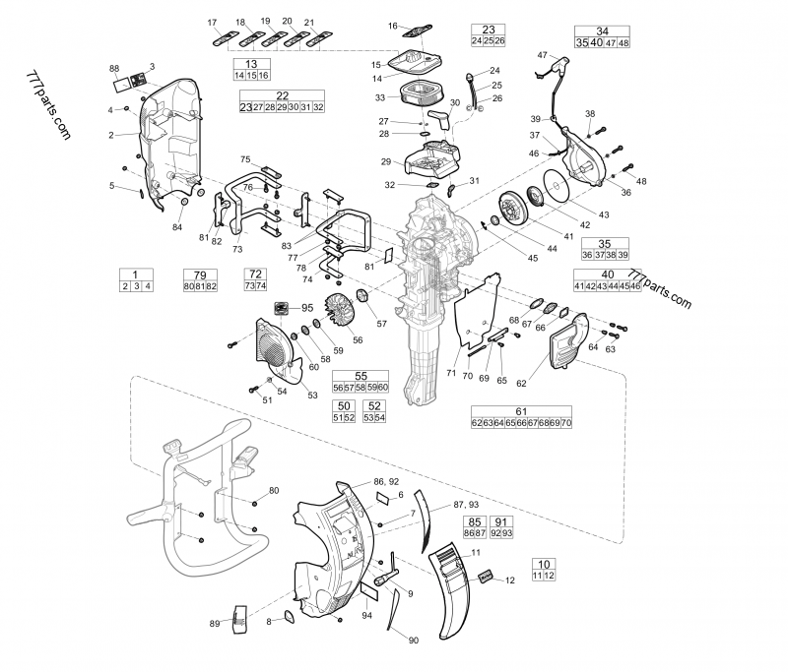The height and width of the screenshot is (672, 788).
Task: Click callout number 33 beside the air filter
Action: click(x=380, y=97)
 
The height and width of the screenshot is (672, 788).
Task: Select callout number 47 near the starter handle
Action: click(x=542, y=55)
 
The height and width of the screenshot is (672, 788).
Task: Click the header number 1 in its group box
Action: click(x=136, y=274)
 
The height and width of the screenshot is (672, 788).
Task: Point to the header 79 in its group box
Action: click(x=200, y=274)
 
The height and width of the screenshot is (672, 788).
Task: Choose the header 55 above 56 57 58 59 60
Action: click(x=361, y=376)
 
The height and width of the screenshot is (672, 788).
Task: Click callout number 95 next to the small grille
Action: click(x=307, y=308)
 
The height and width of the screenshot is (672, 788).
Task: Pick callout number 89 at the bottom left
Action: click(x=216, y=624)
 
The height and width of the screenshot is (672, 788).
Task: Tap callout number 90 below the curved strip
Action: click(x=414, y=641)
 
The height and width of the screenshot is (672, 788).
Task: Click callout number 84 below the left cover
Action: click(x=177, y=227)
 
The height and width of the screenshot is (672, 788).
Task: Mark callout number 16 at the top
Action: click(x=393, y=26)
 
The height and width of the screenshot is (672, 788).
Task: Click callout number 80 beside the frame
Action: click(x=274, y=490)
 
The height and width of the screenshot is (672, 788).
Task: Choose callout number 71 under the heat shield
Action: click(x=451, y=374)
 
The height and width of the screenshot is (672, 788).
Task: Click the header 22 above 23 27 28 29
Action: click(x=283, y=95)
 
